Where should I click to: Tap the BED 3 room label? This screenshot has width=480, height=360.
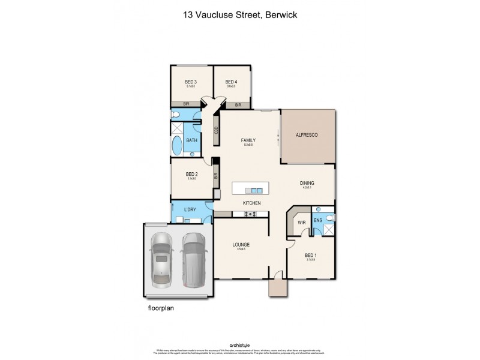click(x=191, y=82)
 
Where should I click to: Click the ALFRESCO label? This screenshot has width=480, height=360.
click(x=307, y=136)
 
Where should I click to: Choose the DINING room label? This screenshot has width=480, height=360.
click(x=307, y=183)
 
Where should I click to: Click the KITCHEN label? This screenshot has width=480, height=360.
click(x=251, y=203)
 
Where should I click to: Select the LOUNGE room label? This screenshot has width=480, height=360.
click(x=241, y=244)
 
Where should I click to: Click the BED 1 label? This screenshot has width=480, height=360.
click(x=310, y=255)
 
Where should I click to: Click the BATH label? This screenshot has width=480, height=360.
click(x=191, y=140)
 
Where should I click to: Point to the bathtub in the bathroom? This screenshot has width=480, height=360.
click(x=177, y=146)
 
